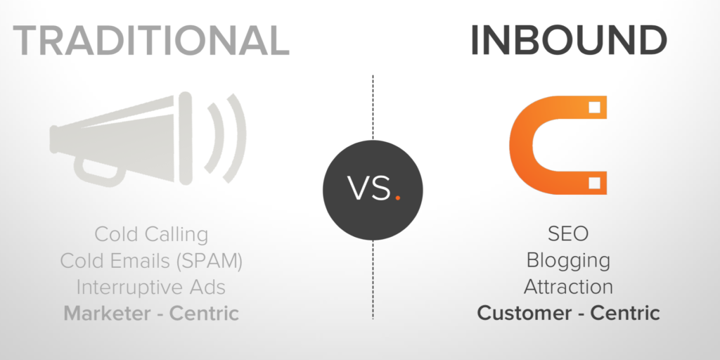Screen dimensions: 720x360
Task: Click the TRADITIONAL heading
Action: (151, 40)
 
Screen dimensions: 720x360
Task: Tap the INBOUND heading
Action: (569, 40)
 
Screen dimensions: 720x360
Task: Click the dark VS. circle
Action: (373, 190)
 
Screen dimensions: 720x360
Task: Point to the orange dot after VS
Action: (398, 198)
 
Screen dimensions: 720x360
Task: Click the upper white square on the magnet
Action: (595, 108)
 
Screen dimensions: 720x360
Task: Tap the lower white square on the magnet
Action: (595, 184)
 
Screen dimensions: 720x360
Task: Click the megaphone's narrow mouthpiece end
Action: (53, 139)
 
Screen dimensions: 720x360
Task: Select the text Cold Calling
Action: (152, 235)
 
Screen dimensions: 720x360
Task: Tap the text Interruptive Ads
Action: (151, 288)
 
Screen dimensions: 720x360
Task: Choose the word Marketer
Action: (108, 314)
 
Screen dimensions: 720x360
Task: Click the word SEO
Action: (568, 233)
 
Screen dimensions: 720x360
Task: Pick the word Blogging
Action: (568, 261)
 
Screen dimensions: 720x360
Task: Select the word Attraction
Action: (568, 287)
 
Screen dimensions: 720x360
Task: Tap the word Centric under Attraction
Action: (625, 314)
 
